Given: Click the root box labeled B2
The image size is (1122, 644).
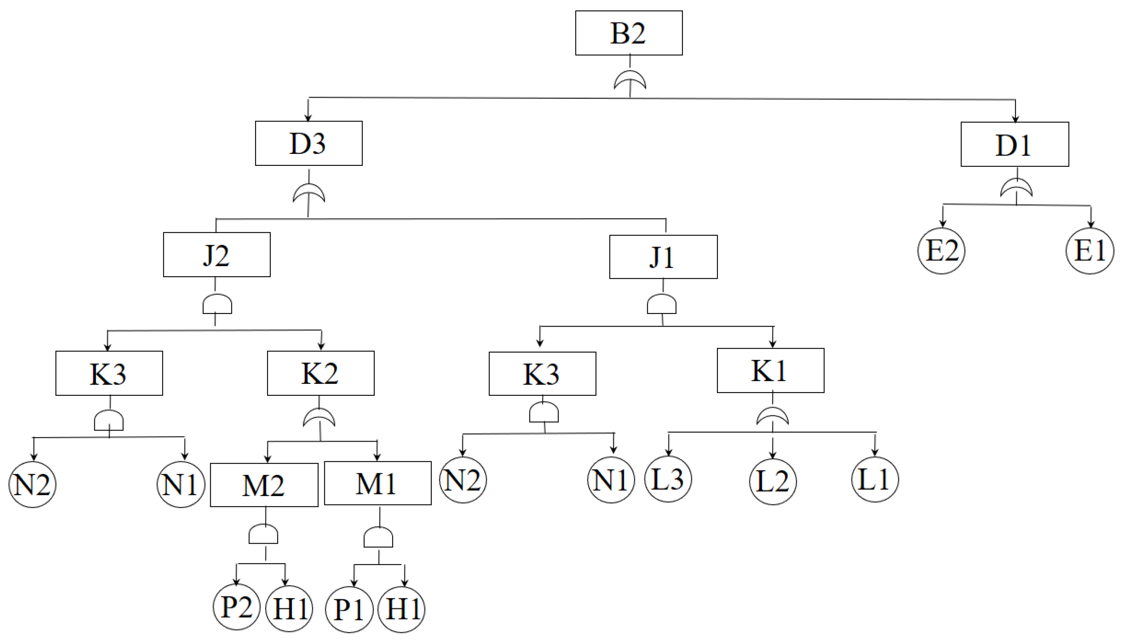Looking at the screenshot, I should pyautogui.click(x=628, y=33).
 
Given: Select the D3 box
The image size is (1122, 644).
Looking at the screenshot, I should pyautogui.click(x=308, y=143).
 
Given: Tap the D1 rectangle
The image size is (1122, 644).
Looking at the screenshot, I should pyautogui.click(x=1014, y=144).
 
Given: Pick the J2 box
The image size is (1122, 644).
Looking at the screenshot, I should pyautogui.click(x=216, y=255).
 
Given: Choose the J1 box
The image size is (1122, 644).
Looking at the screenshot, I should pyautogui.click(x=663, y=257).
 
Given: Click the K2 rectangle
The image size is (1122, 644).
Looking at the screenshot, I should pyautogui.click(x=320, y=373).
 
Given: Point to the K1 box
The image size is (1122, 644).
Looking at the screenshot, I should pyautogui.click(x=770, y=371).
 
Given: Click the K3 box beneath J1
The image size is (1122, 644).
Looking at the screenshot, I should pyautogui.click(x=542, y=374).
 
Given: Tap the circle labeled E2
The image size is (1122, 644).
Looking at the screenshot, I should pyautogui.click(x=941, y=251).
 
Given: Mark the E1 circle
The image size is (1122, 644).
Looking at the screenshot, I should pyautogui.click(x=1090, y=251).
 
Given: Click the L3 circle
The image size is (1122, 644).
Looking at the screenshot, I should pyautogui.click(x=668, y=479).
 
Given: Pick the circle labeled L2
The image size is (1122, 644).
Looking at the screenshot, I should pyautogui.click(x=773, y=481).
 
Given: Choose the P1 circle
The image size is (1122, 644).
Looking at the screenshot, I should pyautogui.click(x=349, y=609).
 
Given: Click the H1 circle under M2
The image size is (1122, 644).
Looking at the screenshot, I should pyautogui.click(x=289, y=608).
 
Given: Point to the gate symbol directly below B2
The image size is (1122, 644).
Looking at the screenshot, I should pyautogui.click(x=630, y=80).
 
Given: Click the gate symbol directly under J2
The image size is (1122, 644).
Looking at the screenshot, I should pyautogui.click(x=217, y=304).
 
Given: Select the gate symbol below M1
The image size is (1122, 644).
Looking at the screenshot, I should pyautogui.click(x=378, y=537).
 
